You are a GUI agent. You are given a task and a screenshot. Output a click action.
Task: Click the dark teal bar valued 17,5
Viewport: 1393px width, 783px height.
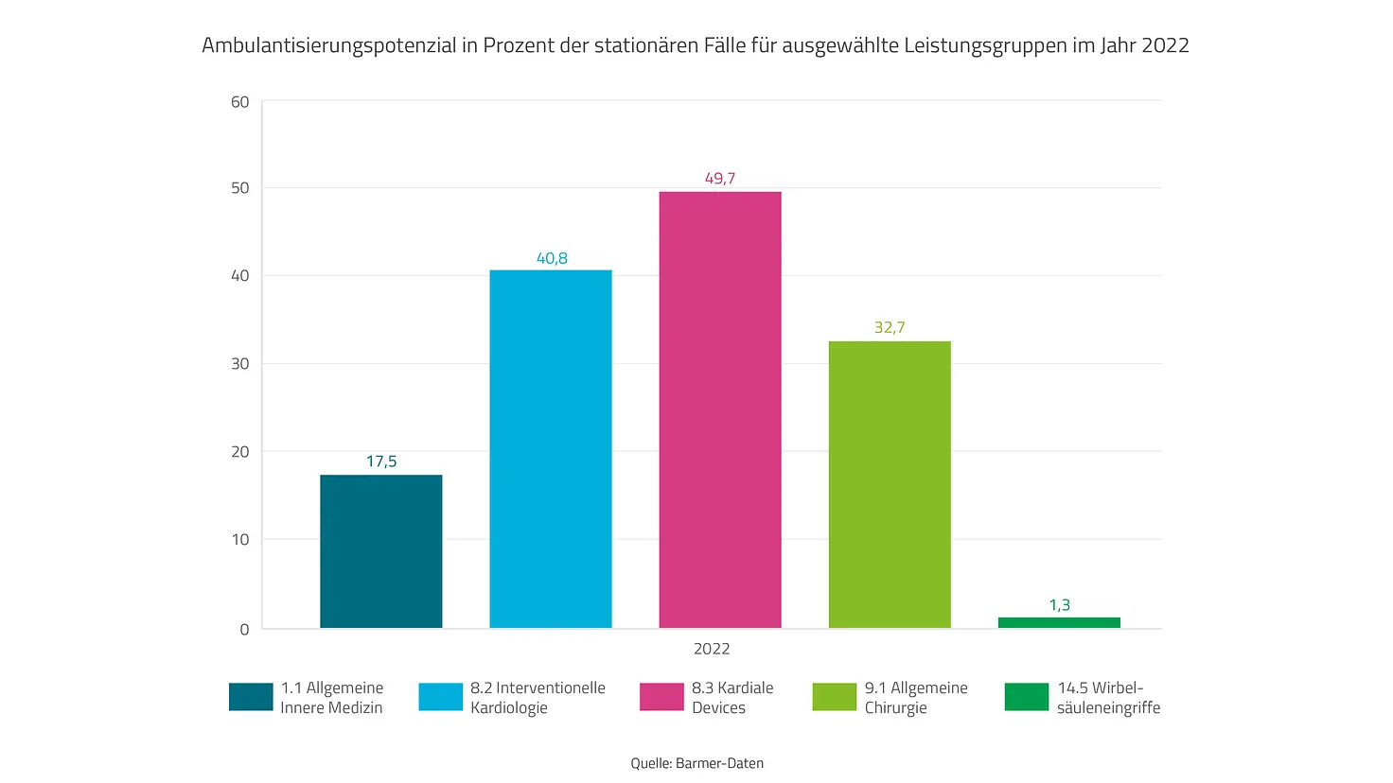tap(380, 551)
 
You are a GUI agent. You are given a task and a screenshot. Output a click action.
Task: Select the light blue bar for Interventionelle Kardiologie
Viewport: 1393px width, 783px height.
tap(550, 449)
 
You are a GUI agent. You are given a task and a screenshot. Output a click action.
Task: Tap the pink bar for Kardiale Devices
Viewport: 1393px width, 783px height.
tap(719, 409)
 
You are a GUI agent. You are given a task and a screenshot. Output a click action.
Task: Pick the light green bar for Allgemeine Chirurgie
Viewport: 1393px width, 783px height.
tap(889, 484)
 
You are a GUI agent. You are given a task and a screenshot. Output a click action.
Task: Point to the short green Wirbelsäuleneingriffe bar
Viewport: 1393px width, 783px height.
tap(1058, 622)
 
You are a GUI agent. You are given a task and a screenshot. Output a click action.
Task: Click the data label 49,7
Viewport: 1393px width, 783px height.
tap(719, 178)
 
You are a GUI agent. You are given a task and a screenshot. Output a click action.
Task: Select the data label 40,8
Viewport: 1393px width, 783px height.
tap(552, 258)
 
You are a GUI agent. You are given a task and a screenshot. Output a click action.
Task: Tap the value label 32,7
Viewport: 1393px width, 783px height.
tap(890, 327)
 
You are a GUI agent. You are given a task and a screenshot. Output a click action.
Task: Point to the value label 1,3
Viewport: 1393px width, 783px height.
tap(1059, 605)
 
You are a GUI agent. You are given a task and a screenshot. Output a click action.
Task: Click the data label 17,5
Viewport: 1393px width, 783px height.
tap(381, 461)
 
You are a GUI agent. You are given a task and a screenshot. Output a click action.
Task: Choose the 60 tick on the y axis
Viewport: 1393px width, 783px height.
tap(240, 102)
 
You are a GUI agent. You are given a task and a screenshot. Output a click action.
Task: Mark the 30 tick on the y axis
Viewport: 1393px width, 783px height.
tap(240, 364)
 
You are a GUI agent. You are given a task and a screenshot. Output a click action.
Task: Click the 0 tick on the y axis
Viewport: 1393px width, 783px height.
tap(244, 630)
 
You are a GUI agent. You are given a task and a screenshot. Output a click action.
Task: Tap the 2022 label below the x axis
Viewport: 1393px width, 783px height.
tap(712, 649)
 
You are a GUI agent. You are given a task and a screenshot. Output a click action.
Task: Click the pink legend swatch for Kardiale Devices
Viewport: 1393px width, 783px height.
tap(661, 697)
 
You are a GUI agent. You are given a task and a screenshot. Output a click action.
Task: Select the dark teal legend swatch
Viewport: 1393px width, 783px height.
tap(251, 697)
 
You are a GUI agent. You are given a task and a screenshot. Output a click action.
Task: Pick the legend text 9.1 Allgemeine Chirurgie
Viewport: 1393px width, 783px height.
tap(915, 698)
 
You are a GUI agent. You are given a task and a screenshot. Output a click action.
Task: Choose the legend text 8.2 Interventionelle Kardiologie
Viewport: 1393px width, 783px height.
tap(537, 698)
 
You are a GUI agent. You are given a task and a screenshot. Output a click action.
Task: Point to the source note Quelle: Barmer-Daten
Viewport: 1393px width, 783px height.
tap(696, 763)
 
